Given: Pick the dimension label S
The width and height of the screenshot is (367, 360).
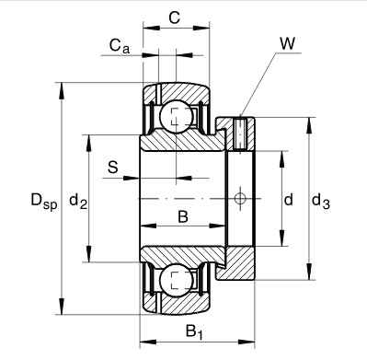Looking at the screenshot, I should pyautogui.click(x=113, y=167).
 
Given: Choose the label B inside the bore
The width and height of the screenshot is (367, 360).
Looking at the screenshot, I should pyautogui.click(x=183, y=217).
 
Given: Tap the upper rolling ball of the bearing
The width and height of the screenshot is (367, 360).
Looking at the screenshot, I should pyautogui.click(x=176, y=117).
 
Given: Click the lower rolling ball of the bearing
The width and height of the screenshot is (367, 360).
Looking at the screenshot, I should pyautogui.click(x=176, y=282).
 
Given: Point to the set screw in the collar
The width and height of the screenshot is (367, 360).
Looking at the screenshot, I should pyautogui.click(x=240, y=134).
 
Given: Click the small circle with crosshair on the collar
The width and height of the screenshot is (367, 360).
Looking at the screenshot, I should pyautogui.click(x=241, y=199).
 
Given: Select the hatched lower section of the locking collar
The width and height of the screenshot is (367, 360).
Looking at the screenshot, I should pyautogui.click(x=241, y=262).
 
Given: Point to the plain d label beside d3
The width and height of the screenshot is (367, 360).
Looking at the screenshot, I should pyautogui.click(x=288, y=200).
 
